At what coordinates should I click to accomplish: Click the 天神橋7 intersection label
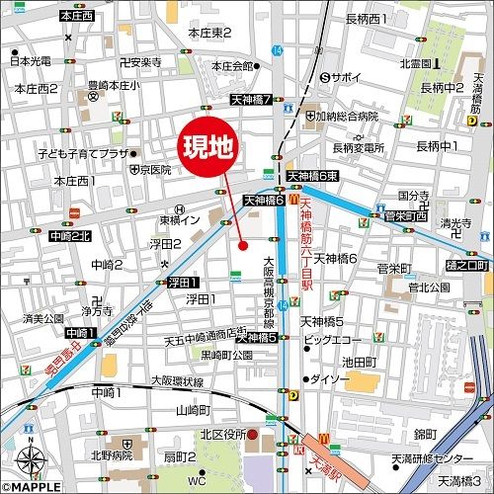point(251,100)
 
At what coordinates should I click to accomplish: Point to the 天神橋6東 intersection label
point(313,176)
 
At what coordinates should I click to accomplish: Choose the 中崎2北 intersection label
point(69,237)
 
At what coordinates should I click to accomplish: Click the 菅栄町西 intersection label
point(406,214)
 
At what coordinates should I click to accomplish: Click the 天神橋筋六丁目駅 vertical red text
point(306,247)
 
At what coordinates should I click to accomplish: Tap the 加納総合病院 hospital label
point(362,116)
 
